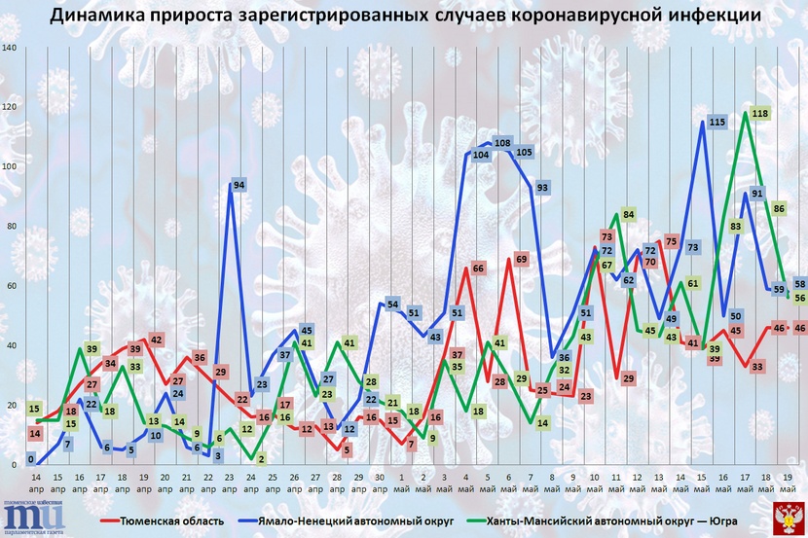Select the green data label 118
pyautogui.click(x=761, y=113)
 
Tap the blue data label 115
pyautogui.click(x=718, y=122)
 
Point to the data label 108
pyautogui.click(x=503, y=143)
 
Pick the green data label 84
pyautogui.click(x=629, y=214)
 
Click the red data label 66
pyautogui.click(x=478, y=268)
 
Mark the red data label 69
pyautogui.click(x=522, y=259)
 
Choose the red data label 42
pyautogui.click(x=156, y=340)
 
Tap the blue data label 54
pyautogui.click(x=394, y=305)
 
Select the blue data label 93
pyautogui.click(x=543, y=187)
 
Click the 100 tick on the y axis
pyautogui.click(x=11, y=166)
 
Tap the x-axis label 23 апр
pyautogui.click(x=229, y=484)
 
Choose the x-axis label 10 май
pyautogui.click(x=595, y=484)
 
